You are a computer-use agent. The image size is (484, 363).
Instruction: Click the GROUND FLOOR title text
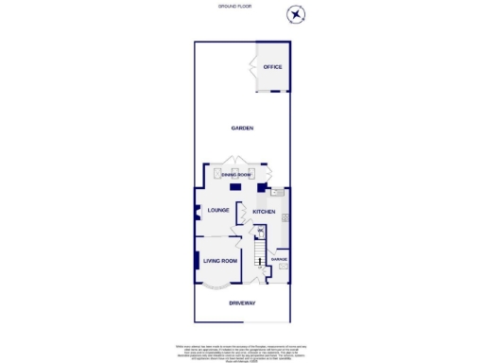(241, 6)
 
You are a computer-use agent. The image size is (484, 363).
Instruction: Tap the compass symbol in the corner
(297, 13)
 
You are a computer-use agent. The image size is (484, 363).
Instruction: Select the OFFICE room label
(272, 67)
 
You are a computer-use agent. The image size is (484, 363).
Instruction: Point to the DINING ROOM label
(235, 175)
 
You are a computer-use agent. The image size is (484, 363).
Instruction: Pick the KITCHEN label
(264, 212)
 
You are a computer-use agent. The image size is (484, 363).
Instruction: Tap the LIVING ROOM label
(219, 259)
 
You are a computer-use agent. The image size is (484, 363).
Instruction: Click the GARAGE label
(279, 258)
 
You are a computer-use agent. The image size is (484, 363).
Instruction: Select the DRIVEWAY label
(241, 302)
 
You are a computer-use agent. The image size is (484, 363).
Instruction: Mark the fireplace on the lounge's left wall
(197, 213)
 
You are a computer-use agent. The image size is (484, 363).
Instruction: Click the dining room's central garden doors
(234, 160)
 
